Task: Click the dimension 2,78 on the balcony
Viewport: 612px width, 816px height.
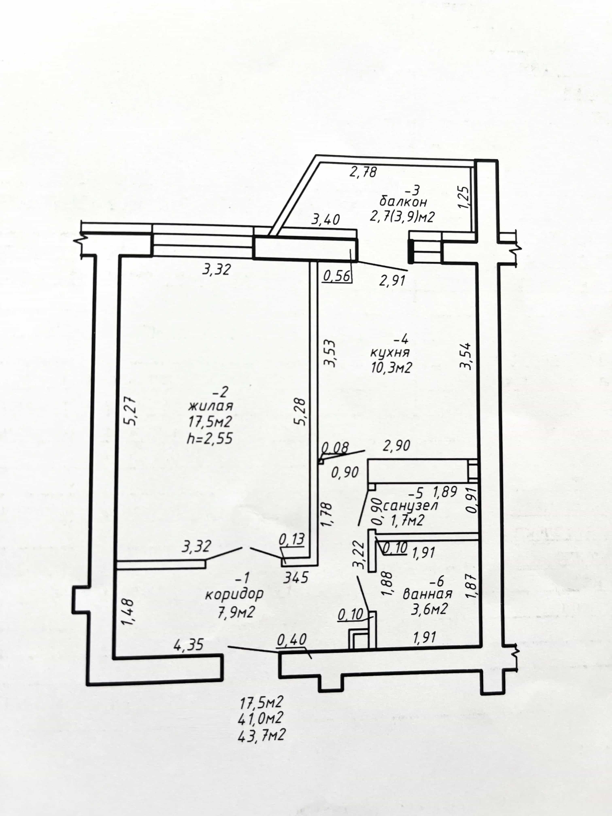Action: click(x=363, y=172)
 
